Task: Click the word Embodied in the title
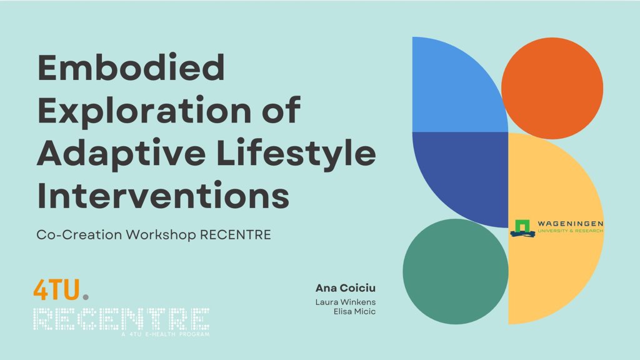(x=131, y=67)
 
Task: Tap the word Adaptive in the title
(x=121, y=154)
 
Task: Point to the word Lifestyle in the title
(x=296, y=154)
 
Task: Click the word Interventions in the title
(x=163, y=195)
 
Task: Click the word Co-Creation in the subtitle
(x=79, y=235)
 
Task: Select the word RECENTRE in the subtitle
(x=236, y=235)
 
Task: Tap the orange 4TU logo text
(x=56, y=290)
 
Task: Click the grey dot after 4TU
(x=85, y=297)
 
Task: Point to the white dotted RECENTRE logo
(x=121, y=319)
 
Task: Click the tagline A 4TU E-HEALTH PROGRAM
(x=165, y=334)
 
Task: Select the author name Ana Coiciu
(x=345, y=288)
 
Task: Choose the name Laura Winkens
(x=345, y=302)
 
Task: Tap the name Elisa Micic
(x=355, y=311)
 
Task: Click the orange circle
(x=552, y=88)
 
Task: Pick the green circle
(x=456, y=271)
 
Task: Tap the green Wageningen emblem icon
(x=522, y=228)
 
